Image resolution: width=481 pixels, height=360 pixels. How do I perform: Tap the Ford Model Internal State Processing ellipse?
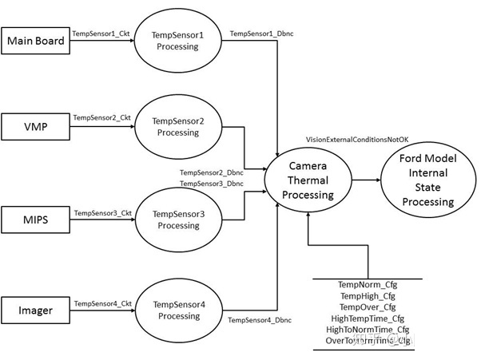428,180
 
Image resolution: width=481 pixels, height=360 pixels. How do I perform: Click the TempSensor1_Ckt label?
101,34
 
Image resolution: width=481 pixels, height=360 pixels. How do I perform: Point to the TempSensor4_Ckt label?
101,303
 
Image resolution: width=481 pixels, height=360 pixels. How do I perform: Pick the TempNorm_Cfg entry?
367,285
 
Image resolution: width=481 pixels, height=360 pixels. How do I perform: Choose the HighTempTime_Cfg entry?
367,318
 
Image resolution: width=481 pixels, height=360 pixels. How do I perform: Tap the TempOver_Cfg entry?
367,307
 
